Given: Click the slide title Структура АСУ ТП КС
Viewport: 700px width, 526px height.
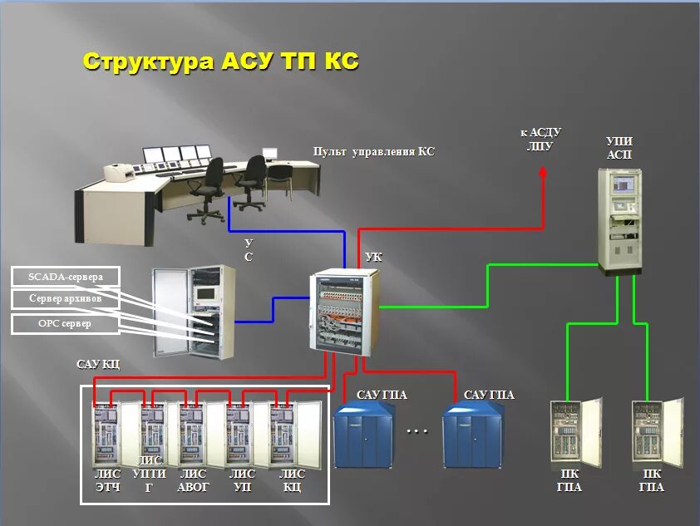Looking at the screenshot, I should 220,61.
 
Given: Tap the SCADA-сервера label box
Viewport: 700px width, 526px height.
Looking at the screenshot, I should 66,277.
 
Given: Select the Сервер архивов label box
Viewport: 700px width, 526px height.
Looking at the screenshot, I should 66,298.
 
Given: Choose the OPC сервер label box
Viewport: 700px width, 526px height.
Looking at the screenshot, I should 66,322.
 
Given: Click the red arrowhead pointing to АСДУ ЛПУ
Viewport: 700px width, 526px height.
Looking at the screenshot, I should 543,173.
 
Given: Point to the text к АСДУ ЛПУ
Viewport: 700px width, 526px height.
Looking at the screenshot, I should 541,139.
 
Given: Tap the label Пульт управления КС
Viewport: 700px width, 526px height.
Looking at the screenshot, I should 373,152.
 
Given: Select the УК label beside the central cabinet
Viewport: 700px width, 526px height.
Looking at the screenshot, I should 373,258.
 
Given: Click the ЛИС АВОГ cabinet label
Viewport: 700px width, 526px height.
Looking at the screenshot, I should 193,480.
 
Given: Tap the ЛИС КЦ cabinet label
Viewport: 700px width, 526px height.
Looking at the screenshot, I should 292,480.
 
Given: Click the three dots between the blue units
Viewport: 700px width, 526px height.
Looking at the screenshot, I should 417,431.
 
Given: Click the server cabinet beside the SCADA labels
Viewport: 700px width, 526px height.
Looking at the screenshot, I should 193,312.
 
